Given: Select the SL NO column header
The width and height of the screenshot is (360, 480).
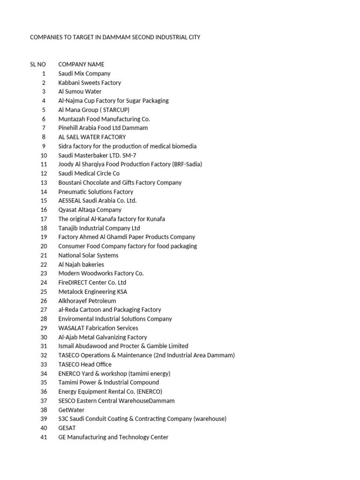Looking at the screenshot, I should point(38,64).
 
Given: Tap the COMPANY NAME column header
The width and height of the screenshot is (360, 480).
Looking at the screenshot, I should point(81,64).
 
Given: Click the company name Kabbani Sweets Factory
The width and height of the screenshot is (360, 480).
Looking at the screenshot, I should point(90,82).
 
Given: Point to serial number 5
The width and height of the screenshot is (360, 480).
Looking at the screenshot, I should point(44,110).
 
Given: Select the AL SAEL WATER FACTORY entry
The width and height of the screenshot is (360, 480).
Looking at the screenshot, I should point(92,137).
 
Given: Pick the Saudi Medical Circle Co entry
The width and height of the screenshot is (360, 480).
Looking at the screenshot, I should point(89,173).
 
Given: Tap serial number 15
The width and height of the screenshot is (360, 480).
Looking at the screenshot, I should point(44,201).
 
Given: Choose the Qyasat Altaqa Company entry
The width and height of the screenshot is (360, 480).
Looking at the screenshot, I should point(90,210).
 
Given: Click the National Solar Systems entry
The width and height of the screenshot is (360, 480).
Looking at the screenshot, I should point(88,255).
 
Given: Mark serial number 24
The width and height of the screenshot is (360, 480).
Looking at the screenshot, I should point(44,283).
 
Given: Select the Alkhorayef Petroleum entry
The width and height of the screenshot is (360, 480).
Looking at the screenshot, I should point(87,300).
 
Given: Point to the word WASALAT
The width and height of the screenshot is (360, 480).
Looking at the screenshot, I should point(72,328).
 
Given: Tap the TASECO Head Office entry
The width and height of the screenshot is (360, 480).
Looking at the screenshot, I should point(85,364).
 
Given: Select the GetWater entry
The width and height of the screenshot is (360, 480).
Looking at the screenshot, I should point(71,410).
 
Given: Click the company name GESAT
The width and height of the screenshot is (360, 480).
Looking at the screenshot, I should point(67,428).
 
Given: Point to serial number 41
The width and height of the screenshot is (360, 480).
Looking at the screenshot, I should point(44,437).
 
